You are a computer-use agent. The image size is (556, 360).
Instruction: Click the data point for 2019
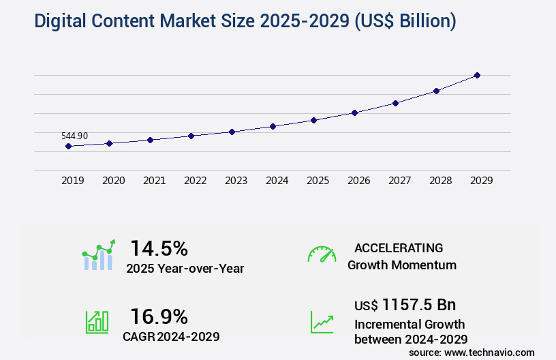68,146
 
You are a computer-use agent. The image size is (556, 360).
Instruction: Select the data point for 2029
477,75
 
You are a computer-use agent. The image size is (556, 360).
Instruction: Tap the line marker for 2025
313,120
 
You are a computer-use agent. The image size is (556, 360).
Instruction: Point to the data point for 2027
395,103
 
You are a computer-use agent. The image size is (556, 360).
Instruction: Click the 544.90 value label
74,136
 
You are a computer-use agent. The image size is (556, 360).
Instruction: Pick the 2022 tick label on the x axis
195,181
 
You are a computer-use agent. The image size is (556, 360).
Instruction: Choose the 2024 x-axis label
277,181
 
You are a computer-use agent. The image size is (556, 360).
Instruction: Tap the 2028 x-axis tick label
440,181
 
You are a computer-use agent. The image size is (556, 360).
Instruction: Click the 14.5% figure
159,247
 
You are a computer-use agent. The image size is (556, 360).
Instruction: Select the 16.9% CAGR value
159,316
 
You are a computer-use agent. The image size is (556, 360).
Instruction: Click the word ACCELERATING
399,248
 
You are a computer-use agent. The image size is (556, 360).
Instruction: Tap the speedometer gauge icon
322,254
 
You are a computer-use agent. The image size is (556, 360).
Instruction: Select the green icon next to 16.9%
97,322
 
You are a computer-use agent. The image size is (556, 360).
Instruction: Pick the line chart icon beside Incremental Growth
322,322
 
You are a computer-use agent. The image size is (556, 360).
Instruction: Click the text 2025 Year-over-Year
185,269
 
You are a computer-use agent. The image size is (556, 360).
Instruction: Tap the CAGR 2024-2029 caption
171,336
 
